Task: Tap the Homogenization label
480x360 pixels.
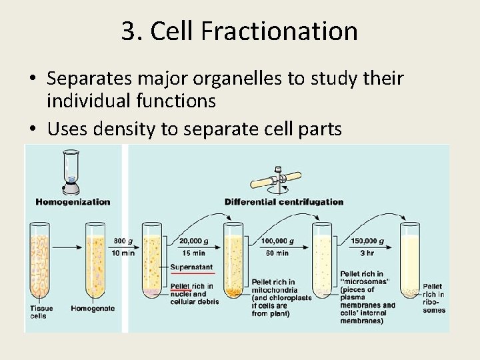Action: (73, 201)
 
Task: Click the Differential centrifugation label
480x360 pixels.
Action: (284, 201)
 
